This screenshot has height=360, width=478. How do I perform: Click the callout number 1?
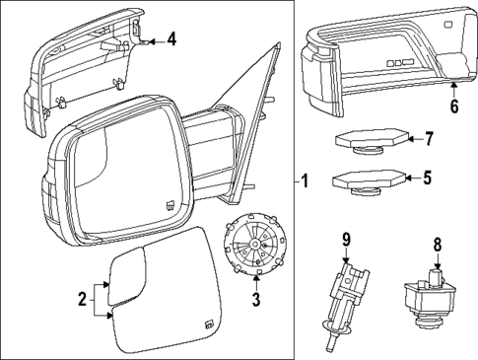[x=305, y=181]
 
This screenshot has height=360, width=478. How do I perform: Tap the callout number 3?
[x=254, y=298]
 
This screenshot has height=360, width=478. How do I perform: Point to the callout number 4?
[x=171, y=39]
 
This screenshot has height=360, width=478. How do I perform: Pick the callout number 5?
[x=428, y=179]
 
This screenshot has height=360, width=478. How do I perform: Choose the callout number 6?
[x=454, y=107]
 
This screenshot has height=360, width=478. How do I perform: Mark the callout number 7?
[x=428, y=139]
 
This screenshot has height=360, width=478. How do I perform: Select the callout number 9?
[x=346, y=240]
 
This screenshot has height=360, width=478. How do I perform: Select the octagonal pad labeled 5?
[x=369, y=180]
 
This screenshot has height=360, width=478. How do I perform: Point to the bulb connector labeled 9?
[x=343, y=296]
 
